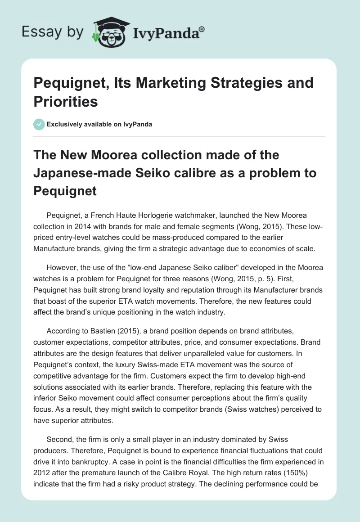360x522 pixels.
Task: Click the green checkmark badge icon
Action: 39,124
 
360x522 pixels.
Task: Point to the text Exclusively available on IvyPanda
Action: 99,124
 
